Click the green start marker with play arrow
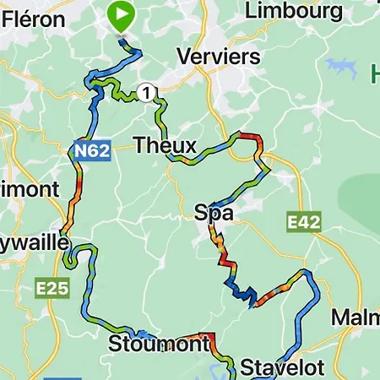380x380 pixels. [122, 16]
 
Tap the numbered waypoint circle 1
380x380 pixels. [148, 92]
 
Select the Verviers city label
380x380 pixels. [218, 57]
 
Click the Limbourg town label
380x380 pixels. [293, 11]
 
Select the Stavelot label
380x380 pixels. [270, 368]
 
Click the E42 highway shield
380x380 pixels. [304, 222]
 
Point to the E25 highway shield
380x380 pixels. [52, 289]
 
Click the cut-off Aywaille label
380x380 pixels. [33, 242]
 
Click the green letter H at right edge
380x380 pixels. [374, 74]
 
